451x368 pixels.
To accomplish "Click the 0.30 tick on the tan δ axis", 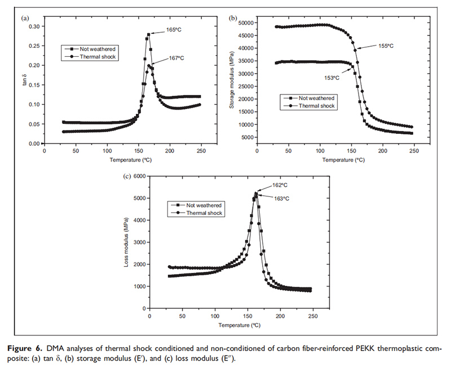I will (x=34, y=26).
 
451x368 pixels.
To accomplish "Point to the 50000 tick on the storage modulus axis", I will (x=245, y=23).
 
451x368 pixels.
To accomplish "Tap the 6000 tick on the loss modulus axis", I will (x=139, y=176).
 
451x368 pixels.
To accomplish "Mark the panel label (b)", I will (x=232, y=19).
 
